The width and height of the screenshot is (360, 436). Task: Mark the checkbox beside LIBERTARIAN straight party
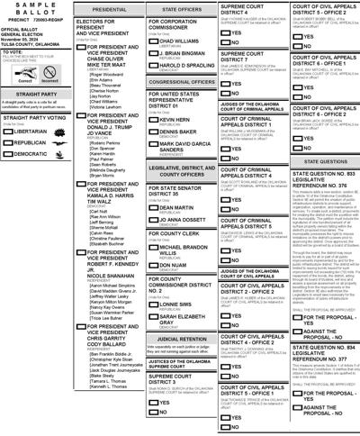tap(8, 131)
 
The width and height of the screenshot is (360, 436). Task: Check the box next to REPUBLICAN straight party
tap(8, 142)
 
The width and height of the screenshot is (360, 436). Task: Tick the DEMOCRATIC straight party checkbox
tap(8, 154)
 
